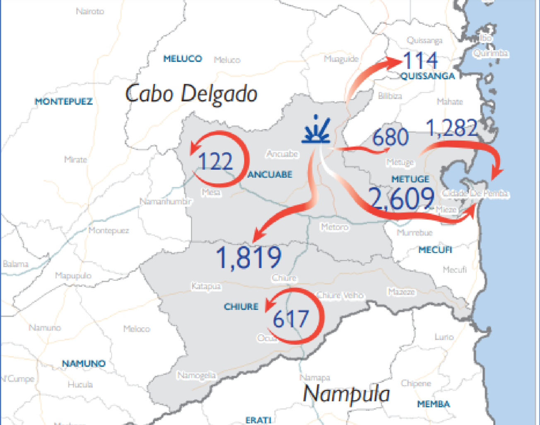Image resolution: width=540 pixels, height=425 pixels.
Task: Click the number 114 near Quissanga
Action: pos(420,60)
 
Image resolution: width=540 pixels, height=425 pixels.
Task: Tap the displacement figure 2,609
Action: pos(401,198)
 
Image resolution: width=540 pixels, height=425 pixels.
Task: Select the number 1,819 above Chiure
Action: pos(248,257)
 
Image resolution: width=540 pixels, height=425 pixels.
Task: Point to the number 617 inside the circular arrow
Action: pos(291,319)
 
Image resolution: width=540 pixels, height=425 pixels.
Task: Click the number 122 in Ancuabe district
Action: pos(215,161)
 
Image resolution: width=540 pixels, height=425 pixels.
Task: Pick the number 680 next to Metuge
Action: pos(391,137)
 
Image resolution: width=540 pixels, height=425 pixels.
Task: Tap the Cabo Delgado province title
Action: pos(191,94)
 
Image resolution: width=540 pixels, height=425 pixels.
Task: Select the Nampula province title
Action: pos(346,394)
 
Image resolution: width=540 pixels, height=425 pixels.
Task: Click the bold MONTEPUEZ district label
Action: pos(63,101)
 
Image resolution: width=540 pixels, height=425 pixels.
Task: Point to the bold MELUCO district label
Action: pos(183,58)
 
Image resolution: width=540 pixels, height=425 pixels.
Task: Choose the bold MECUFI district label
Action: pos(435,250)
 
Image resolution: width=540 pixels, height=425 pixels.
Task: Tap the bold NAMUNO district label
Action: pos(84,363)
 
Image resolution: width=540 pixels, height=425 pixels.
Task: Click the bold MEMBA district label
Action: pos(433,404)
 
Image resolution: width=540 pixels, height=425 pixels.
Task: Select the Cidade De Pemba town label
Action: pos(475,193)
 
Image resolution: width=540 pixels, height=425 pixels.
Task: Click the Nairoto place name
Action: pos(90,11)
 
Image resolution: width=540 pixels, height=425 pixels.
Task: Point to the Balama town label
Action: pos(15,264)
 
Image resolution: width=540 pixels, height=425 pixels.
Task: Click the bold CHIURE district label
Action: pos(241,307)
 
